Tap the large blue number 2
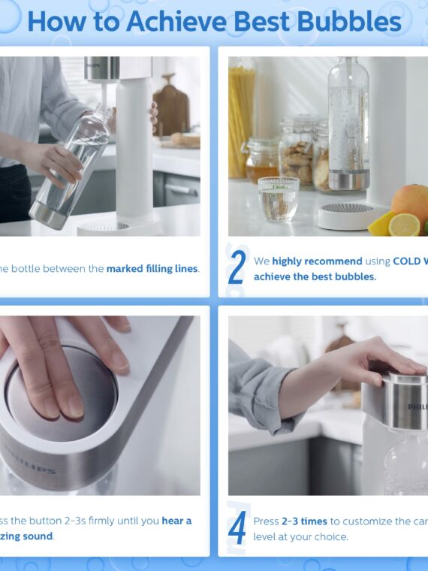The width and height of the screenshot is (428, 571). pos(237,268)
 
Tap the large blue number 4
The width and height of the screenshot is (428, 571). pos(237,527)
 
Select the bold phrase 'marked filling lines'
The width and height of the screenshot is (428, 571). pos(152,268)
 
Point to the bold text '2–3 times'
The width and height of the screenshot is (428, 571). pos(303,521)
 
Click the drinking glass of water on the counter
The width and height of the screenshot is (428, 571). pos(278,198)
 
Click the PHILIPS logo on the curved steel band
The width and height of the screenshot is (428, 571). pos(29,458)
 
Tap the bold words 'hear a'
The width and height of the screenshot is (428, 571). pos(176,521)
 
